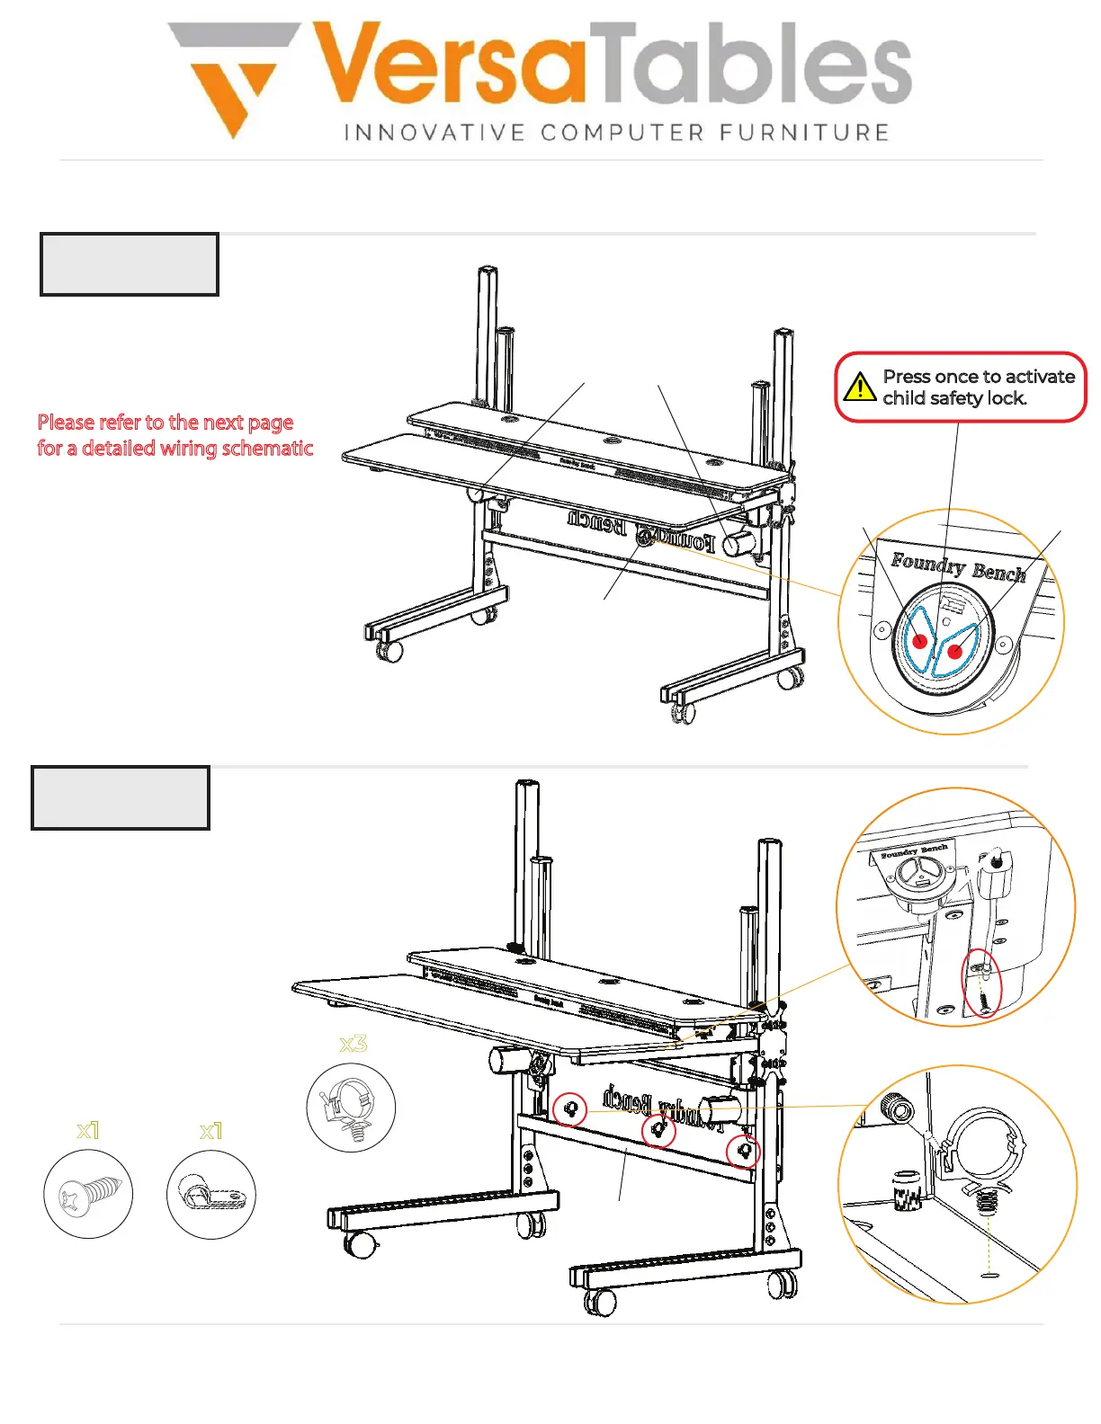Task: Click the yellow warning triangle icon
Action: coord(860,387)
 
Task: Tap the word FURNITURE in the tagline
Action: coord(804,133)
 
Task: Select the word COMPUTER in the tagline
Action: coord(622,133)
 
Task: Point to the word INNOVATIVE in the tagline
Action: coord(434,133)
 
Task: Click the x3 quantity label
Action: coord(353,1044)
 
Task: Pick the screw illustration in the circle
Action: coord(88,1195)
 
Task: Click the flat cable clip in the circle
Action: coord(210,1195)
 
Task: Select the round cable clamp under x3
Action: coord(351,1108)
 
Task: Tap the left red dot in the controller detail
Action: coord(920,641)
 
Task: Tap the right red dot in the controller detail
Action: coord(955,651)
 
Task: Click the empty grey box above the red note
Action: coord(130,264)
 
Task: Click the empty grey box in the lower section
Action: coord(121,797)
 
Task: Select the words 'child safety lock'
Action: coord(954,398)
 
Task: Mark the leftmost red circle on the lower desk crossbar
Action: coord(569,1110)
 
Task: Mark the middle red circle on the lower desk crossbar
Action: coord(658,1130)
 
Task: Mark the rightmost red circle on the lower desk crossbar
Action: coord(743,1151)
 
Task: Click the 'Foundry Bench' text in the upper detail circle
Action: coord(957,567)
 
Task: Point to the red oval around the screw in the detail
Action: coord(982,985)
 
